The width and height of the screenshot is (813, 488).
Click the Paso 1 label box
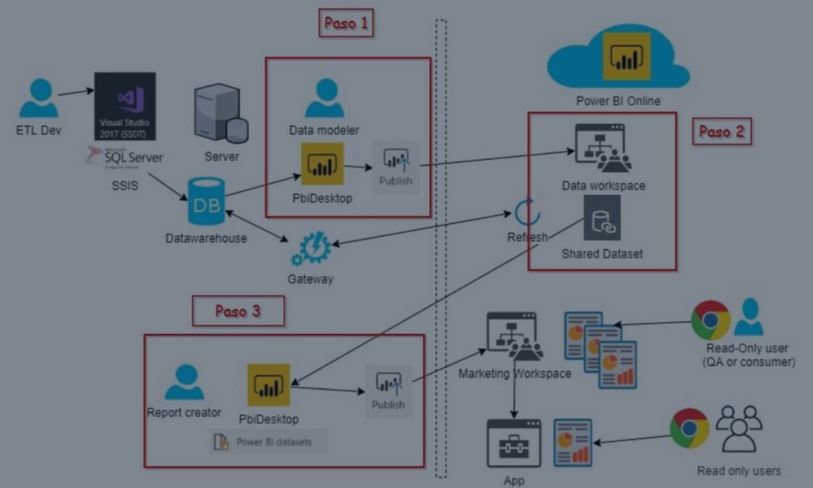click(x=346, y=23)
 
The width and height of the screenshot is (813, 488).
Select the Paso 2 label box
click(x=721, y=131)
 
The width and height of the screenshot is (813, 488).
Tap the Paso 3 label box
click(x=238, y=311)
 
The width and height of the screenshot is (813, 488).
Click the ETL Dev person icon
click(x=38, y=99)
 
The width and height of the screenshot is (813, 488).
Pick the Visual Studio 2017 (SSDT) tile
click(x=125, y=106)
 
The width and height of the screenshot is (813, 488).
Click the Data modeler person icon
click(x=324, y=99)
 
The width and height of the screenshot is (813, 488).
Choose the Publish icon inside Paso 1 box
click(x=396, y=168)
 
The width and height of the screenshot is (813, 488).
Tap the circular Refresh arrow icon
click(x=524, y=211)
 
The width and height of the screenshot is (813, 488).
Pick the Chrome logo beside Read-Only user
click(x=710, y=320)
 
